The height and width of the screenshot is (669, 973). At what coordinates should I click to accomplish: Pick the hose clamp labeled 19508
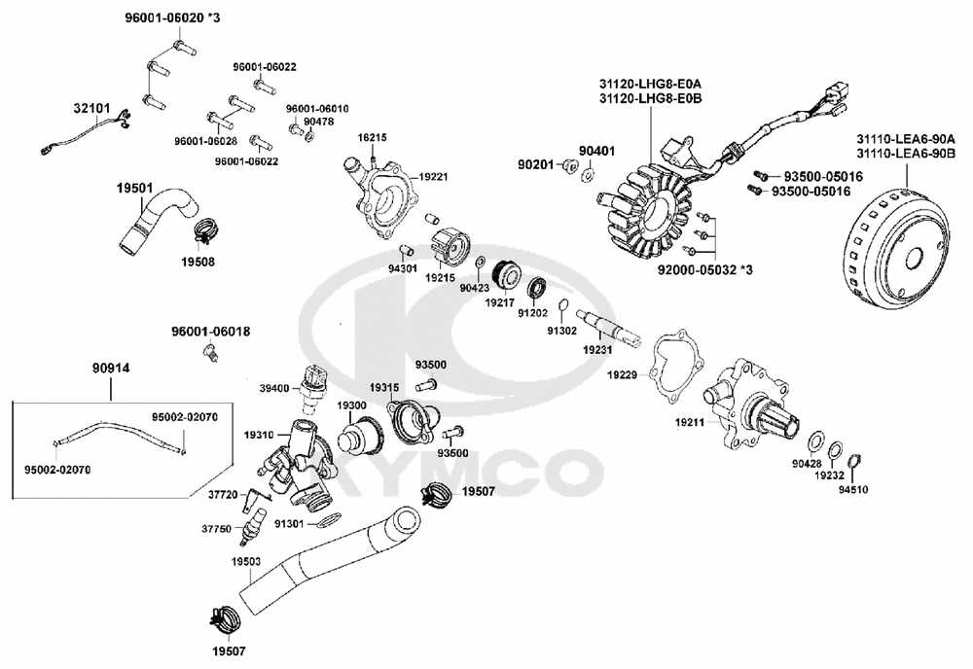(204, 232)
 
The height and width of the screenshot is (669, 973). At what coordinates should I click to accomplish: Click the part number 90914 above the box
(110, 368)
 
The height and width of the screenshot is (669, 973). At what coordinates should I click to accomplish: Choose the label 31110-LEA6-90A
(906, 138)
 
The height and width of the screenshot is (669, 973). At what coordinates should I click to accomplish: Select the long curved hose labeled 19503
(321, 554)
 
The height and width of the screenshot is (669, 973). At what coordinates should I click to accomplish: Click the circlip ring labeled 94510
(854, 460)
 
